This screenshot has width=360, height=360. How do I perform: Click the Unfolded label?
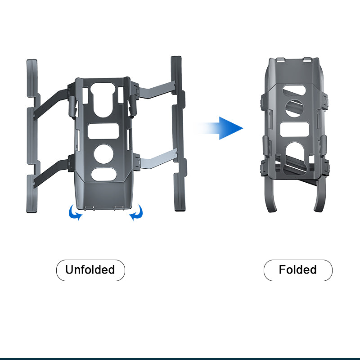(x=90, y=270)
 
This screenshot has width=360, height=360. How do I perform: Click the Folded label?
(x=298, y=270)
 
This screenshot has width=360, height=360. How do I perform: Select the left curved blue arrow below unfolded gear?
(x=75, y=213)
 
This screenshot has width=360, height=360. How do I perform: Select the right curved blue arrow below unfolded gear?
(x=136, y=213)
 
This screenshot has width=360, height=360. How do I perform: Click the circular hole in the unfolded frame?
(x=103, y=154)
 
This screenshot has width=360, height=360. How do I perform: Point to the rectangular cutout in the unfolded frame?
(x=103, y=131)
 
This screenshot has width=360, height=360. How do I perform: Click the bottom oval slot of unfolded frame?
(x=104, y=174)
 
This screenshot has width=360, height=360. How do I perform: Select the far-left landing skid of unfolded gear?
(x=32, y=135)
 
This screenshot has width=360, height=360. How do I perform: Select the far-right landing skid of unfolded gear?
(x=179, y=133)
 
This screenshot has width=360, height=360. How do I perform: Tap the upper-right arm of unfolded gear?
(x=157, y=90)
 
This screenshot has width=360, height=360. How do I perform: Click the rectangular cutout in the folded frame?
(x=295, y=130)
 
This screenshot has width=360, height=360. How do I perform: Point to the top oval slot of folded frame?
(x=294, y=90)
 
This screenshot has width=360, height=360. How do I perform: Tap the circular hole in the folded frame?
(x=294, y=108)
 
